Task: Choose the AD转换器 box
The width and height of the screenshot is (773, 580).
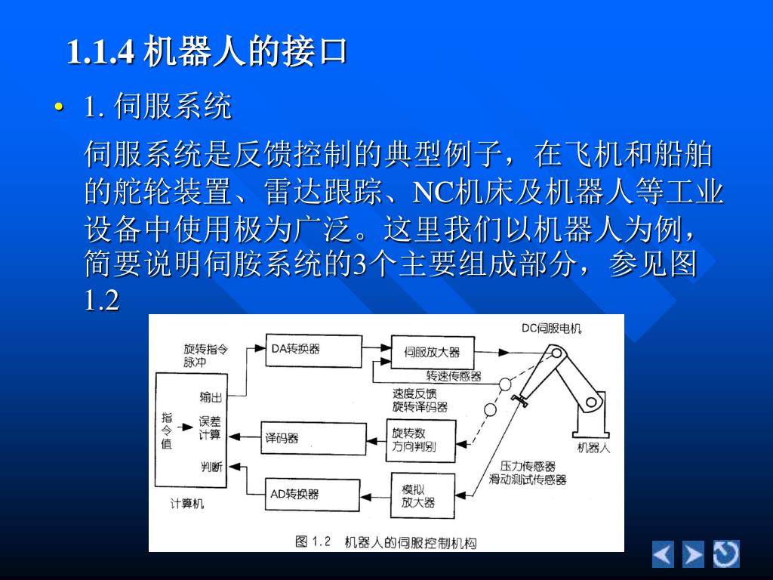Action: point(312,495)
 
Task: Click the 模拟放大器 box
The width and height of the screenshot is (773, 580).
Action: point(423,495)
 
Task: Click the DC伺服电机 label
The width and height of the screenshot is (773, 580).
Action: point(551,329)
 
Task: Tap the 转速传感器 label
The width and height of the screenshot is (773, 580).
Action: point(454,376)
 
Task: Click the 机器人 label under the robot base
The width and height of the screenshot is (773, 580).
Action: point(593,449)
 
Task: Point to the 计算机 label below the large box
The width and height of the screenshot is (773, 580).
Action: point(186,504)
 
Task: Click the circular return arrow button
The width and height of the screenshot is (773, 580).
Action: point(726,554)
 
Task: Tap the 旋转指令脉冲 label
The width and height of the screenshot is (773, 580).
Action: point(205,356)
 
